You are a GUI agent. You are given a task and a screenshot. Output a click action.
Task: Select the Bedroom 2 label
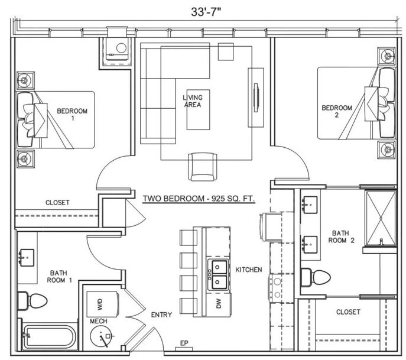coord(337,111)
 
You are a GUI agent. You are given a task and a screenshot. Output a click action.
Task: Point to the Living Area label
coord(192,101)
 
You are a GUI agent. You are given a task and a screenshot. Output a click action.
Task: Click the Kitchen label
coord(248,270)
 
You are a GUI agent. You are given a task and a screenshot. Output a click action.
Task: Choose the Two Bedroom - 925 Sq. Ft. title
coord(199,200)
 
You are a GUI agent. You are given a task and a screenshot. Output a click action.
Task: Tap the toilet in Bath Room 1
coord(28,300)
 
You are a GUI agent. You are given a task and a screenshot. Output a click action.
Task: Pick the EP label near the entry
coord(184,343)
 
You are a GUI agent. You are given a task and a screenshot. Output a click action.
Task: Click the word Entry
coord(161,314)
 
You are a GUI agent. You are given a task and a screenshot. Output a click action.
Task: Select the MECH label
coord(98,322)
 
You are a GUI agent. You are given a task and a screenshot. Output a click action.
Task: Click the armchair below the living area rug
coord(198,167)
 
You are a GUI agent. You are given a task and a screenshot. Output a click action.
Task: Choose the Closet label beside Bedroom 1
coord(57,203)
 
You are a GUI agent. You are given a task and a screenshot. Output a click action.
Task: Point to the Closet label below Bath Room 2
coord(348,312)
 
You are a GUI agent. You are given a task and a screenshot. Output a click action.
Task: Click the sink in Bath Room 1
coord(26,257)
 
